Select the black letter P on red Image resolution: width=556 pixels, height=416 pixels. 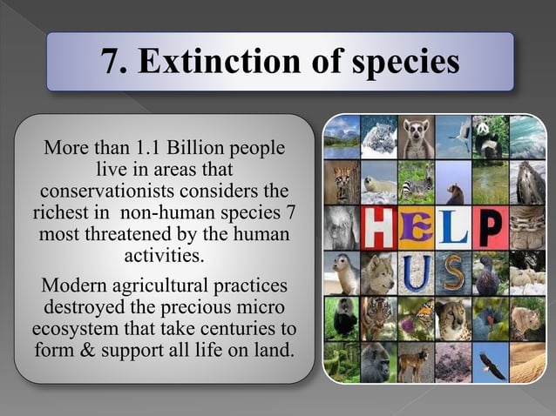pos(490,225)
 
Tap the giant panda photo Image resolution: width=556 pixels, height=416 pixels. pos(490,137)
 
